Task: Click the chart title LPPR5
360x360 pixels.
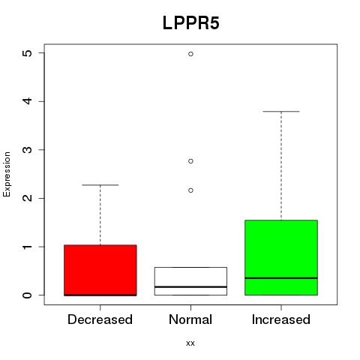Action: point(191,23)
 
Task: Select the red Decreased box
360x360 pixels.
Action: point(100,270)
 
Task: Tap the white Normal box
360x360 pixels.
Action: point(190,281)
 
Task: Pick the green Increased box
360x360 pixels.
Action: point(281,258)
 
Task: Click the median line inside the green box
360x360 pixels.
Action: point(281,278)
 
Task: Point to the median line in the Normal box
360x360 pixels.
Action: point(190,286)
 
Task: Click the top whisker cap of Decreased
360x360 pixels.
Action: point(100,185)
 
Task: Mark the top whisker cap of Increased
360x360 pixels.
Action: point(281,112)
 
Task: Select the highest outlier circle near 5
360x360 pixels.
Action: point(190,54)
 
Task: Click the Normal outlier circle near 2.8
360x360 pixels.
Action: point(190,161)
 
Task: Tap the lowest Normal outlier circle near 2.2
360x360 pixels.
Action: point(190,190)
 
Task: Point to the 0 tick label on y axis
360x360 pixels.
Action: point(28,295)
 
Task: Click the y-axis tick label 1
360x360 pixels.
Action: point(28,247)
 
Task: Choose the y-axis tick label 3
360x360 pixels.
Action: point(28,150)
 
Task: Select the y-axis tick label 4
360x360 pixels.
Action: point(28,101)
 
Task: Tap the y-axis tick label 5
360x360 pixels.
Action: point(28,53)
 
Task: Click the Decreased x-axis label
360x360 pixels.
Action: point(100,319)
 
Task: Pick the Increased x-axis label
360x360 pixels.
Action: point(281,319)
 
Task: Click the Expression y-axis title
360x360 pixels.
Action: point(7,174)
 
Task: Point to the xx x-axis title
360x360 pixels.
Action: point(190,343)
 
